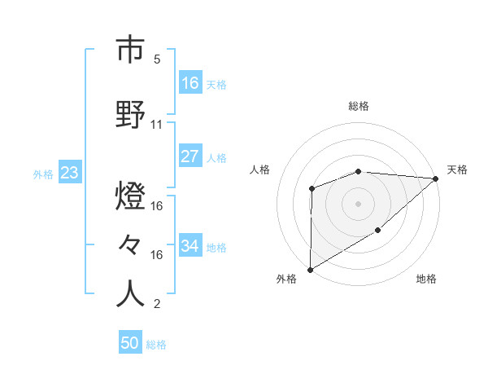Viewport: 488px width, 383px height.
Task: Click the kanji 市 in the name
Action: click(130, 51)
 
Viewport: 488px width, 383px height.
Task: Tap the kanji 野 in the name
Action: click(130, 113)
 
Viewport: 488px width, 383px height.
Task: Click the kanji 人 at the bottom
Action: click(130, 293)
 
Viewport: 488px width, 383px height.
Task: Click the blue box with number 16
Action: click(190, 82)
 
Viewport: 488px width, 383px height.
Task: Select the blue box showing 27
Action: click(190, 156)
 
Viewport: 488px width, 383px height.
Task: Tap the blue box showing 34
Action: click(190, 246)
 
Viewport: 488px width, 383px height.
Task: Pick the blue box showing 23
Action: click(69, 173)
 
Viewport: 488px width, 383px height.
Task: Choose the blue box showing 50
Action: click(130, 343)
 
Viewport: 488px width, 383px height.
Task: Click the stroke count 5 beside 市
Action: click(156, 59)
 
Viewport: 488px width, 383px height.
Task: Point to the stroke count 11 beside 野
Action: click(157, 125)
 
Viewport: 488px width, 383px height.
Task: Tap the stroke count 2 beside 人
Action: click(156, 305)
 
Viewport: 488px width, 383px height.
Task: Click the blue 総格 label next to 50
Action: click(156, 345)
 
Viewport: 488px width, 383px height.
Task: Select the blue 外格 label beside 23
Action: click(43, 174)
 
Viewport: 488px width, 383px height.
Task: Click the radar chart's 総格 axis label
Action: click(358, 106)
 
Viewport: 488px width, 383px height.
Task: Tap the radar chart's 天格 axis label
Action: click(457, 169)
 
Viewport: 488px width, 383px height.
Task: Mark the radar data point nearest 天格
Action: click(436, 178)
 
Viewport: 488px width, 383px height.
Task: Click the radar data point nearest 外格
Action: click(310, 269)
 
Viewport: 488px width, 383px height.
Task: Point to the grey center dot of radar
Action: click(358, 203)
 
